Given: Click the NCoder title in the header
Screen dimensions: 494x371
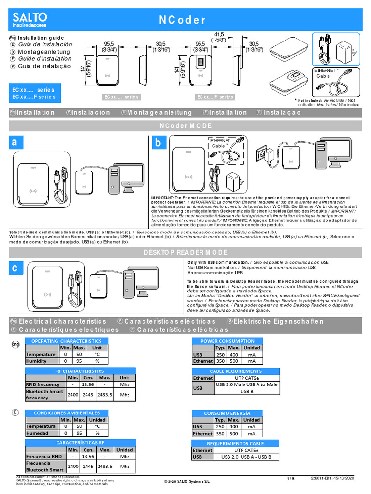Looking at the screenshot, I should pyautogui.click(x=183, y=20).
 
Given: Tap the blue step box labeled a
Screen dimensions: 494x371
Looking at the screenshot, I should pyautogui.click(x=16, y=143).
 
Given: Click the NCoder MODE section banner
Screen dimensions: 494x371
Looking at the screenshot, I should pyautogui.click(x=185, y=126).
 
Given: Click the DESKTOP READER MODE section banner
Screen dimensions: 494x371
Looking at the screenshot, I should pyautogui.click(x=185, y=253).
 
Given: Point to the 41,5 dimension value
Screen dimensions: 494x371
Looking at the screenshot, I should pyautogui.click(x=219, y=34).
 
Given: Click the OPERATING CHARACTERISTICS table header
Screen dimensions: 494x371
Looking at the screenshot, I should pyautogui.click(x=66, y=341).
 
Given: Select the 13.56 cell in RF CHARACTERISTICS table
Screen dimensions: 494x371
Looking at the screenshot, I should pyautogui.click(x=88, y=384).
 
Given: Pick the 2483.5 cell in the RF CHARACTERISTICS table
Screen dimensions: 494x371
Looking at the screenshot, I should pyautogui.click(x=104, y=394).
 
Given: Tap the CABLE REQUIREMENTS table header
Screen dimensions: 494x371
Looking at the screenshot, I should pyautogui.click(x=235, y=371).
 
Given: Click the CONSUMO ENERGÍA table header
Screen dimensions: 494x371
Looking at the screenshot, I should pyautogui.click(x=227, y=413).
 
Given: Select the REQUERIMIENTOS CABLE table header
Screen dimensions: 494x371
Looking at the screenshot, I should pyautogui.click(x=235, y=443).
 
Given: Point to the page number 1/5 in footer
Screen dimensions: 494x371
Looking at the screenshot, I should pyautogui.click(x=290, y=479).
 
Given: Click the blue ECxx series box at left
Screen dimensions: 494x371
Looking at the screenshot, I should pyautogui.click(x=33, y=93).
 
